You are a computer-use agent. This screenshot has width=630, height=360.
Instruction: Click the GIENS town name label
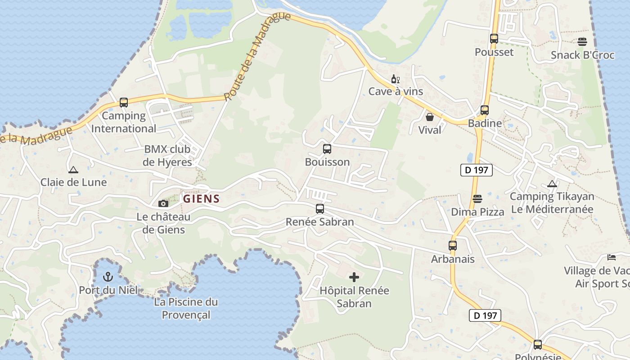tap(201, 198)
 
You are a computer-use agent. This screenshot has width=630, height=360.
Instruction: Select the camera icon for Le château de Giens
tap(163, 204)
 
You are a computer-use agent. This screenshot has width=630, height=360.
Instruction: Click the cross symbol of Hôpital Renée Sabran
tap(354, 277)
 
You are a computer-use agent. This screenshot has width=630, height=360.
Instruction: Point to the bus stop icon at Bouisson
tap(327, 149)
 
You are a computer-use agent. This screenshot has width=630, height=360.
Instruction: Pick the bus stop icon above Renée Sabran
tap(320, 209)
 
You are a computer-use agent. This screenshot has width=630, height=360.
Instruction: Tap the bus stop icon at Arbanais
tap(453, 246)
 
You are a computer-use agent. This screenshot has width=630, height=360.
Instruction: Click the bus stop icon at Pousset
tap(494, 39)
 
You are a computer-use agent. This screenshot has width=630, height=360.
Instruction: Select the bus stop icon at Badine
tap(485, 110)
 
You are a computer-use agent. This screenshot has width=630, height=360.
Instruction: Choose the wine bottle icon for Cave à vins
tap(395, 79)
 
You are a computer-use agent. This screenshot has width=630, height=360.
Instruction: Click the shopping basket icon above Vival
tap(430, 117)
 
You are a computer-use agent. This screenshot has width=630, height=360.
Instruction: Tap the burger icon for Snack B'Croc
tap(582, 42)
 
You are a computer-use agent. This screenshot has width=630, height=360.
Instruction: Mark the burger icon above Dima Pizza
tap(477, 199)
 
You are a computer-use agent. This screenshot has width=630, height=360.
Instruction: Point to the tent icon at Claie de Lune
tap(73, 170)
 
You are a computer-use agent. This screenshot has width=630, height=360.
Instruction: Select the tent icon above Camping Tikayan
tap(552, 184)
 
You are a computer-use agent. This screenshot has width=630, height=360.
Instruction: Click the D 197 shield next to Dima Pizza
tap(477, 170)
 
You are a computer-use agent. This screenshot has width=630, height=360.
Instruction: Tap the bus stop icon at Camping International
tap(124, 103)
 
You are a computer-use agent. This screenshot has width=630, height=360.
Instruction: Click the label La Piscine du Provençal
tap(186, 308)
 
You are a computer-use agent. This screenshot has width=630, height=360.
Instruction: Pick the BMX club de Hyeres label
tap(167, 155)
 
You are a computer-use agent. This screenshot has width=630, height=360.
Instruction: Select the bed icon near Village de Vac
tap(612, 257)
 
